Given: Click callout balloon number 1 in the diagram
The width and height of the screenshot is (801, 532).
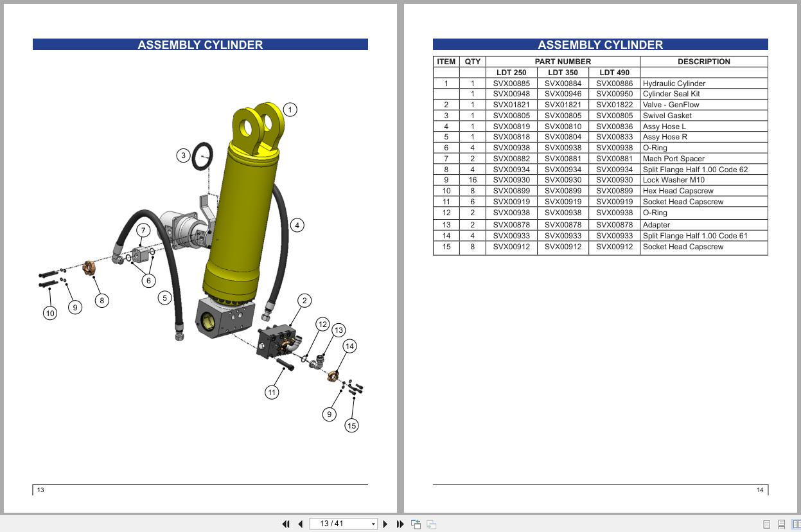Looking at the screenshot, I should pyautogui.click(x=290, y=110).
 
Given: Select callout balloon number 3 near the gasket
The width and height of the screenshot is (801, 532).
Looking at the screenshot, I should pyautogui.click(x=184, y=155).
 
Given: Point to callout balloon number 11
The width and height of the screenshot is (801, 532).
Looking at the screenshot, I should pyautogui.click(x=272, y=392).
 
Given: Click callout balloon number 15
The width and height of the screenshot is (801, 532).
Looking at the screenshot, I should pyautogui.click(x=351, y=425).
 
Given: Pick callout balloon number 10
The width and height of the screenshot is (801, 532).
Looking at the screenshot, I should pyautogui.click(x=50, y=313).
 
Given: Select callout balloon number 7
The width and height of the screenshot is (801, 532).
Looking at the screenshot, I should pyautogui.click(x=143, y=230).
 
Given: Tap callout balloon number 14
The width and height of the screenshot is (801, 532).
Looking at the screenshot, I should pyautogui.click(x=349, y=346).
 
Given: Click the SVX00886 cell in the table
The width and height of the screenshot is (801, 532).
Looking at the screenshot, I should pyautogui.click(x=614, y=84).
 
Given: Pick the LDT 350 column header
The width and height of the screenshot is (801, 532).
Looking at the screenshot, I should pyautogui.click(x=563, y=73).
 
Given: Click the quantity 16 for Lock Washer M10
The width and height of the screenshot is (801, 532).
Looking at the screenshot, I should pyautogui.click(x=472, y=180).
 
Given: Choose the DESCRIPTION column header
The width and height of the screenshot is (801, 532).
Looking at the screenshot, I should pyautogui.click(x=703, y=62).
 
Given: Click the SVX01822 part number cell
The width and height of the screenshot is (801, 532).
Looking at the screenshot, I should pyautogui.click(x=614, y=105).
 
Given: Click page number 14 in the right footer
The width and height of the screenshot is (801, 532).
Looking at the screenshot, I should pyautogui.click(x=760, y=490).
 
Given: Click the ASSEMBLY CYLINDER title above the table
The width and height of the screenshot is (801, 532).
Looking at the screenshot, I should pyautogui.click(x=600, y=45).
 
